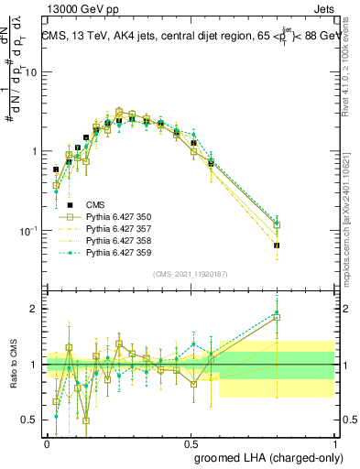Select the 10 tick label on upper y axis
tap(34, 73)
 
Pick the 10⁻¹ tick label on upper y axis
tap(31, 230)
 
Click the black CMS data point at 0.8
tap(277, 245)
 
